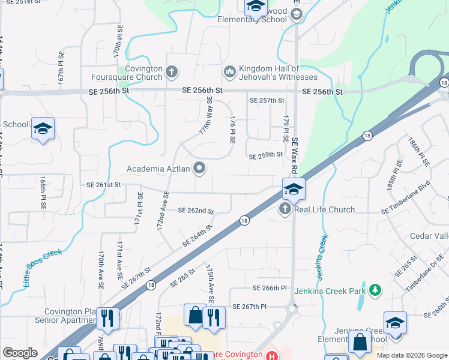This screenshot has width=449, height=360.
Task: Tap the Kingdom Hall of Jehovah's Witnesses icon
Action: pos(229,73)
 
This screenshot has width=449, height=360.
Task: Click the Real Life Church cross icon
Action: pos(285,209)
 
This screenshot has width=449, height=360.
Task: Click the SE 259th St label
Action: pos(266,155)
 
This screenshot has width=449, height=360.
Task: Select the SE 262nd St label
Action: pos(196,211)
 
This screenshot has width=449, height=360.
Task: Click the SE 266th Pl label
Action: pos(270,288)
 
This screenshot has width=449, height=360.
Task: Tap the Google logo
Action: pos(20,353)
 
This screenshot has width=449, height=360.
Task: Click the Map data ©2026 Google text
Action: pos(411,355)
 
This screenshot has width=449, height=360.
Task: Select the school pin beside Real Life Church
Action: pos(294,189)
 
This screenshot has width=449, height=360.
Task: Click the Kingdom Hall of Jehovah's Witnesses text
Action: pos(278,73)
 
